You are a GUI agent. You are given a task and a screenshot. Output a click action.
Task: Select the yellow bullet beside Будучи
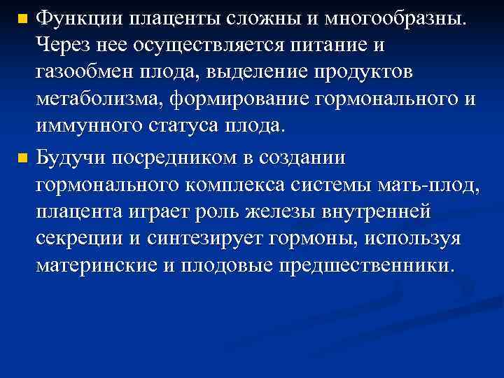pyautogui.click(x=22, y=159)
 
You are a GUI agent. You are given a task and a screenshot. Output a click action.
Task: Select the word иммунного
pyautogui.click(x=87, y=129)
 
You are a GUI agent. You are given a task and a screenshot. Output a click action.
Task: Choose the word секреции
pyautogui.click(x=80, y=241)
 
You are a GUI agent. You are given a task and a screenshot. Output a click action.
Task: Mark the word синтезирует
pyautogui.click(x=204, y=241)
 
